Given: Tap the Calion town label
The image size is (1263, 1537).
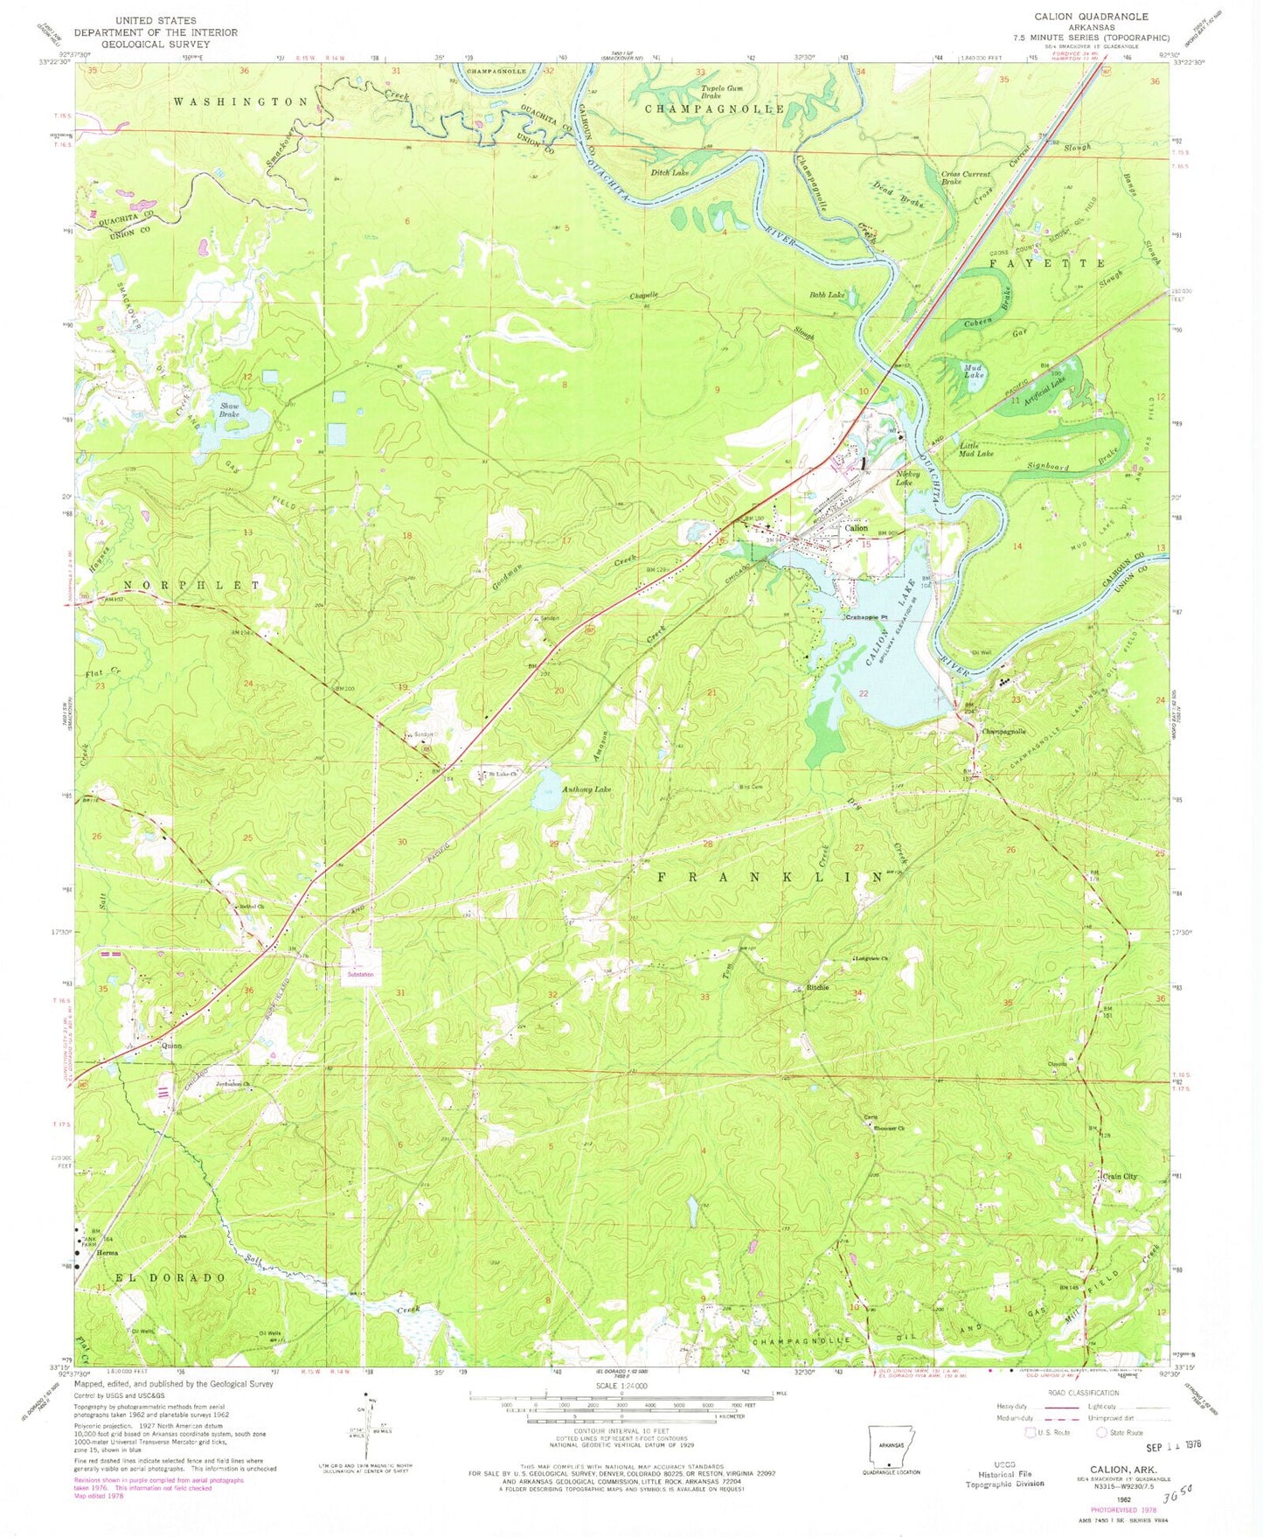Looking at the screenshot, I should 856,528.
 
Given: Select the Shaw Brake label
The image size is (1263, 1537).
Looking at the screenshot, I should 230,410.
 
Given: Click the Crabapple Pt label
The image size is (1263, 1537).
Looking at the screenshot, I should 865,618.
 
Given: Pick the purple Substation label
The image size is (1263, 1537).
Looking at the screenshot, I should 359,974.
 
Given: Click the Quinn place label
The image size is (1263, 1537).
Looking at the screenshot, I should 170,1045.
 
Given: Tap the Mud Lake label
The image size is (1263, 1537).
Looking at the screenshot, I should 974,370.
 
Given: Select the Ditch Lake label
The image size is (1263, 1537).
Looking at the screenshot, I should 670,173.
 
